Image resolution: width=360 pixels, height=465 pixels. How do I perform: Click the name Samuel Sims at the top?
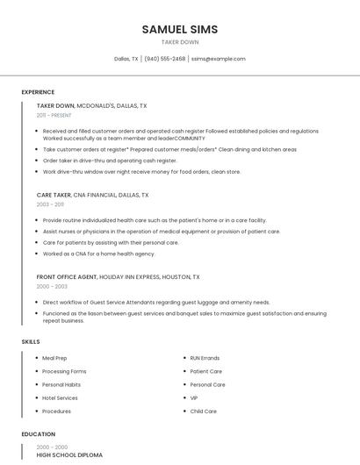point(180,29)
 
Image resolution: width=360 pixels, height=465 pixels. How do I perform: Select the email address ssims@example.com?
point(219,59)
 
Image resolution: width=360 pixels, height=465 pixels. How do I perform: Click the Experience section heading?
point(38,92)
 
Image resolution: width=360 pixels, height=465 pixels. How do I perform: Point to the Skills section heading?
point(31,340)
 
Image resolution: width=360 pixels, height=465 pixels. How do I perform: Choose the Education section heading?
point(39,434)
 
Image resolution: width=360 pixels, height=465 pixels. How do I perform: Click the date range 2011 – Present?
point(54,115)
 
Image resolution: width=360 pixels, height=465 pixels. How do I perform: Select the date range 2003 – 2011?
point(50,204)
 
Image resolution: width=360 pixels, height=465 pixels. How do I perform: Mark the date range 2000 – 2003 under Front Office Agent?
point(52,286)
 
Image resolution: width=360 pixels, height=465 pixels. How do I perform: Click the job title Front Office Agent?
point(67,276)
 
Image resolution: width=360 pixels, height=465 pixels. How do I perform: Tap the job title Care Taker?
point(54,195)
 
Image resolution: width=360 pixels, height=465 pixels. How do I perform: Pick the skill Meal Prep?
point(55,358)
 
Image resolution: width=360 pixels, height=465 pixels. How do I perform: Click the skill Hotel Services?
point(60,397)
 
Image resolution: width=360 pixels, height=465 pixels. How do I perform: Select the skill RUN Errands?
point(205,358)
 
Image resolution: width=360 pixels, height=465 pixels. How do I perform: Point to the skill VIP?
point(195,397)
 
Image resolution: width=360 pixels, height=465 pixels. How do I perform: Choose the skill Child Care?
point(204,411)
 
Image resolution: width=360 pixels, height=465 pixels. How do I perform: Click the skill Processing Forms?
point(64,371)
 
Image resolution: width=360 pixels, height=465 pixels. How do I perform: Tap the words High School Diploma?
point(69,455)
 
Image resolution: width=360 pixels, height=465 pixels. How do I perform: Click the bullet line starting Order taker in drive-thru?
point(110,161)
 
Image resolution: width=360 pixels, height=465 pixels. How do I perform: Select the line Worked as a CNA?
point(98,254)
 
